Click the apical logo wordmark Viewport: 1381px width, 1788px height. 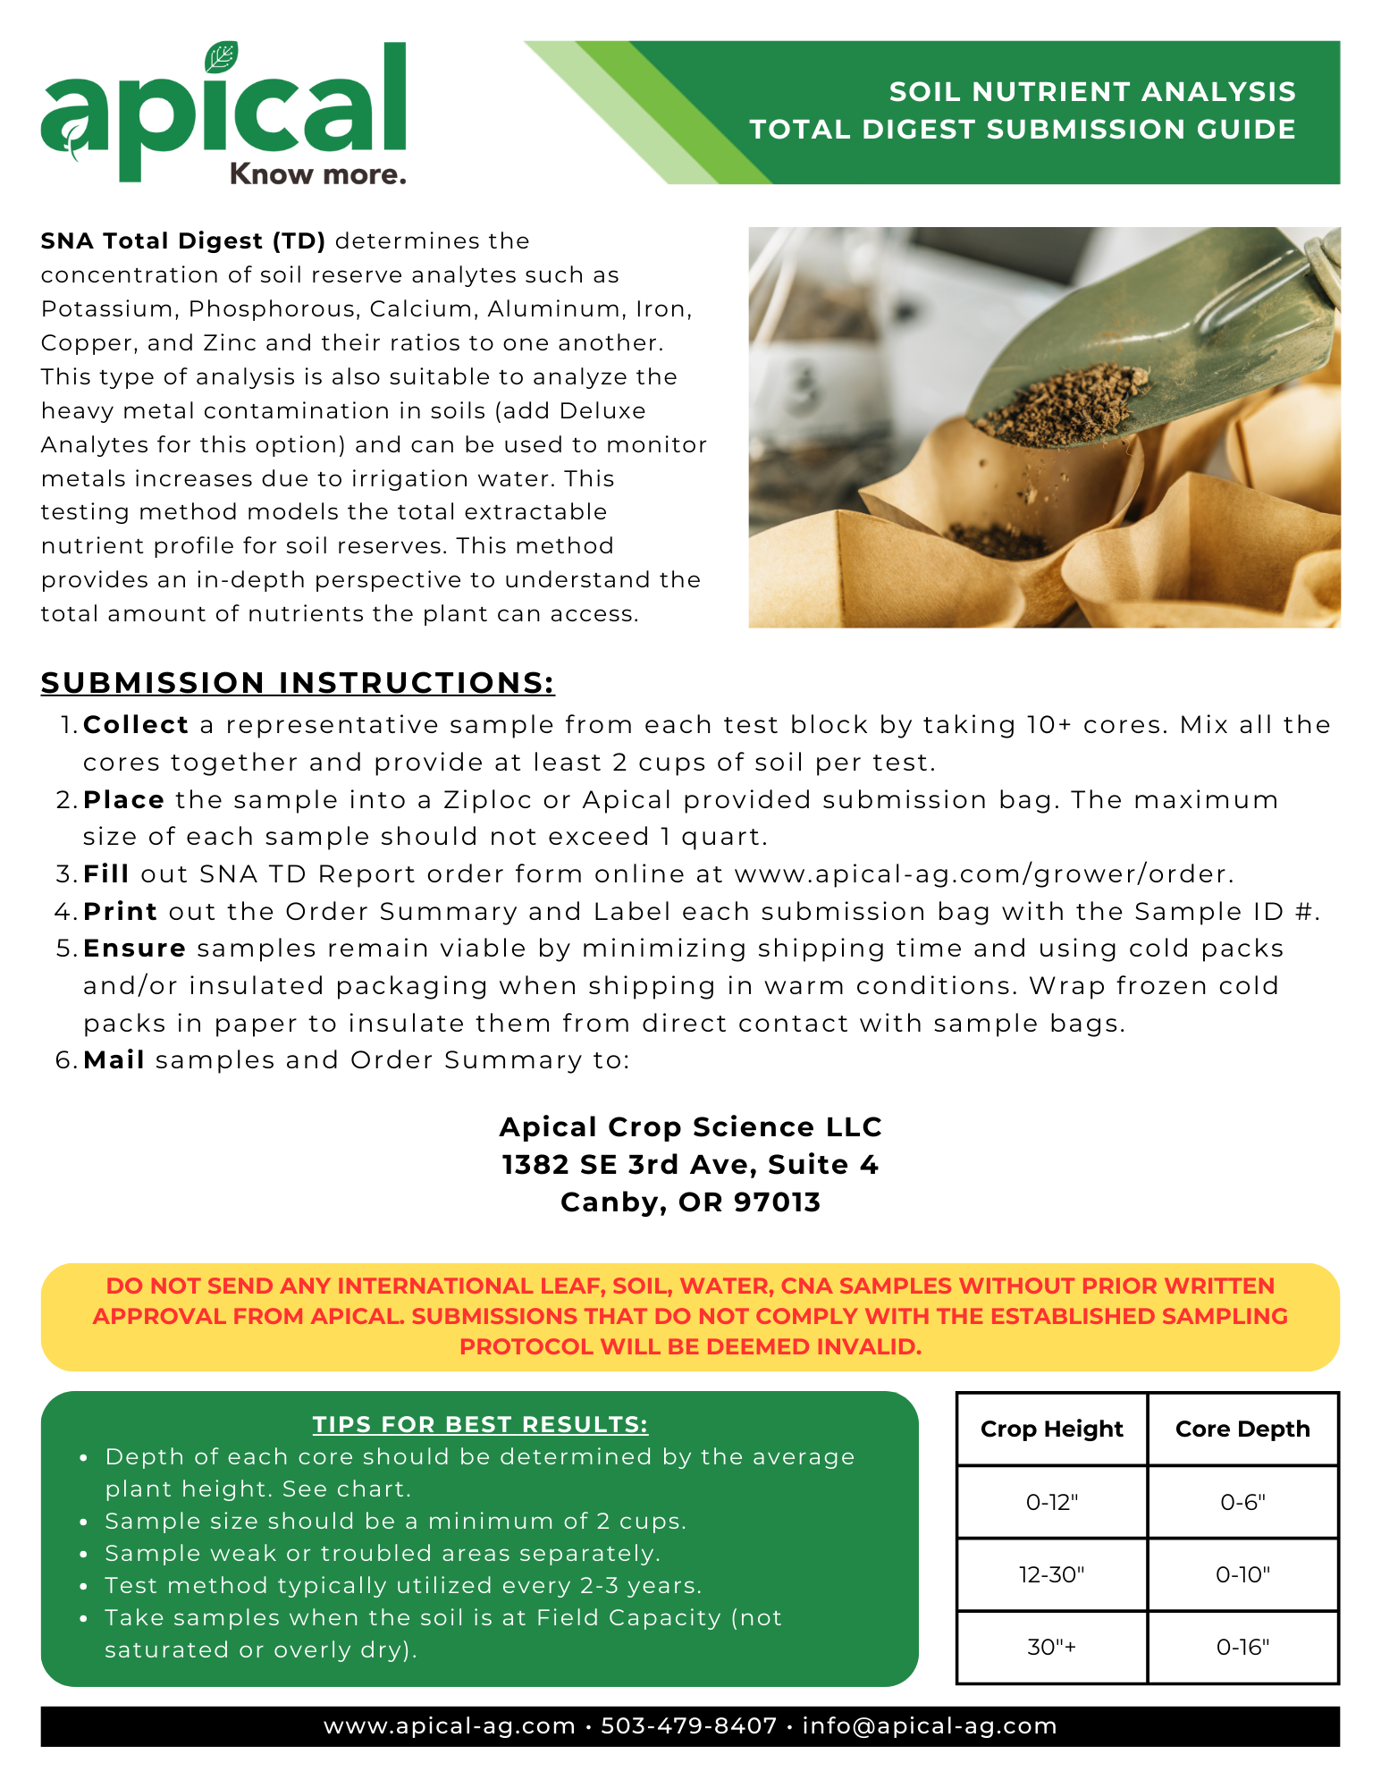click(x=223, y=112)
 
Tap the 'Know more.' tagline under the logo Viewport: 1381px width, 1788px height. click(x=317, y=174)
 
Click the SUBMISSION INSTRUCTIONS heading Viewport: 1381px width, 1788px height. click(x=298, y=683)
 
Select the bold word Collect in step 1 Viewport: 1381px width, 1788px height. click(x=136, y=725)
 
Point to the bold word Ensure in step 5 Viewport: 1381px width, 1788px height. click(x=134, y=949)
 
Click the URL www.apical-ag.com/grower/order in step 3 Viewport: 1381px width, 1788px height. click(x=982, y=874)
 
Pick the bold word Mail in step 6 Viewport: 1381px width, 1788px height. click(x=114, y=1060)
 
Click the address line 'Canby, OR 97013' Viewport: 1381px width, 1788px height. click(x=690, y=1202)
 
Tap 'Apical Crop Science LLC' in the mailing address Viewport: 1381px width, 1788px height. click(x=690, y=1127)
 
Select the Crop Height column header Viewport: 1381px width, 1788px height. click(x=1051, y=1430)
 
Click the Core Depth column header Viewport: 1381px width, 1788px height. click(x=1242, y=1430)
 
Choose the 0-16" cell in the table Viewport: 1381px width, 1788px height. click(x=1242, y=1648)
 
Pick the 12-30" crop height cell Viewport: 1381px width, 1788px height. click(x=1051, y=1574)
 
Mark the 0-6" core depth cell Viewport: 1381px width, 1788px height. click(x=1242, y=1503)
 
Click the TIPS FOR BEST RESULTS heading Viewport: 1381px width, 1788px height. click(x=480, y=1425)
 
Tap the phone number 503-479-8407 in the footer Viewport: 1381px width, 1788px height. click(x=688, y=1726)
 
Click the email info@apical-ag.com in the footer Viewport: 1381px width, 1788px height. click(x=930, y=1726)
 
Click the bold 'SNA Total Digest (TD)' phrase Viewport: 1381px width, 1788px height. click(x=183, y=241)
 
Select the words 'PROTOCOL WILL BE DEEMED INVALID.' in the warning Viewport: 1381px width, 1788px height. click(x=690, y=1347)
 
